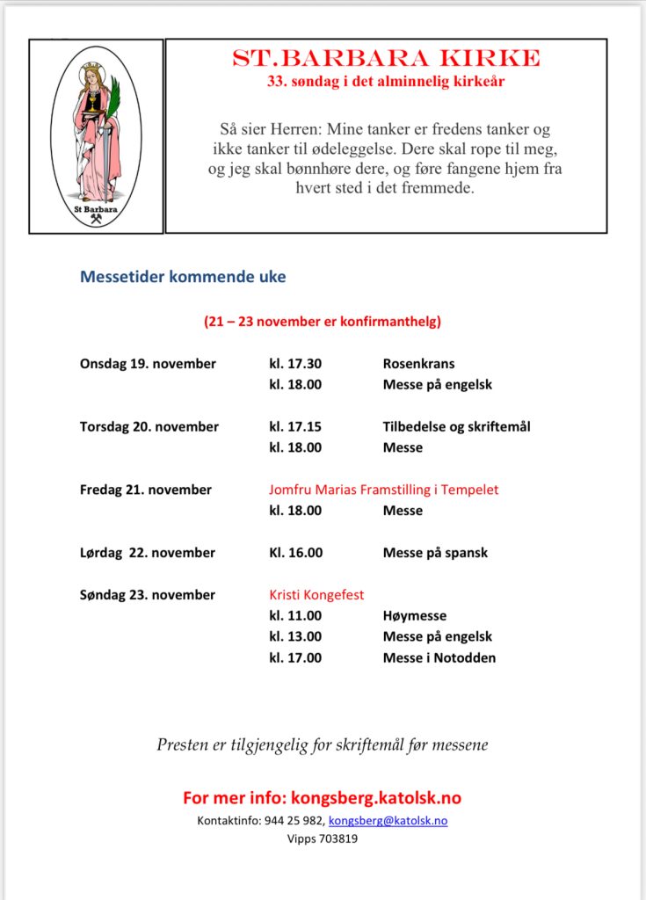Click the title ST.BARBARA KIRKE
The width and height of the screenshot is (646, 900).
386,59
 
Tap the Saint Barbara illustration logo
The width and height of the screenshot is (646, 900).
97,136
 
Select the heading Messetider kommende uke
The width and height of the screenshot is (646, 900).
183,277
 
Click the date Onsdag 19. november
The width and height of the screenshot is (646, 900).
148,364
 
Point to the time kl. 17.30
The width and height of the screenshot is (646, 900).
295,364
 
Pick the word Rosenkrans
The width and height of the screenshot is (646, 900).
418,364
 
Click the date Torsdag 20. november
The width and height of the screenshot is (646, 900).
149,427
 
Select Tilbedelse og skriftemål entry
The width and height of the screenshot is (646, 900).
456,427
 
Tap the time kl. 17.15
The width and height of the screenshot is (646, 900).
295,427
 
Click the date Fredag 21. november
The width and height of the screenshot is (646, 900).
146,490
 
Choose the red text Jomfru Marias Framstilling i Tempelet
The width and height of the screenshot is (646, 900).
383,490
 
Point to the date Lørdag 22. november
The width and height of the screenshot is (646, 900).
148,554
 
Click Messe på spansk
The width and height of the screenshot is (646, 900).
435,554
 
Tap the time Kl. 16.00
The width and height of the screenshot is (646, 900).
295,554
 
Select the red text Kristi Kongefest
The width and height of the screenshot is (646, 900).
316,595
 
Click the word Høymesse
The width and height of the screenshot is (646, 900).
415,616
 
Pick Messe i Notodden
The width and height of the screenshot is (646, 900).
439,658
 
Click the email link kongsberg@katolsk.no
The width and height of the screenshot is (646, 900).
388,821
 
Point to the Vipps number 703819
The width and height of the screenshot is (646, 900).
323,839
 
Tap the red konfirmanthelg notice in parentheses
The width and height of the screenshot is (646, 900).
323,322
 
